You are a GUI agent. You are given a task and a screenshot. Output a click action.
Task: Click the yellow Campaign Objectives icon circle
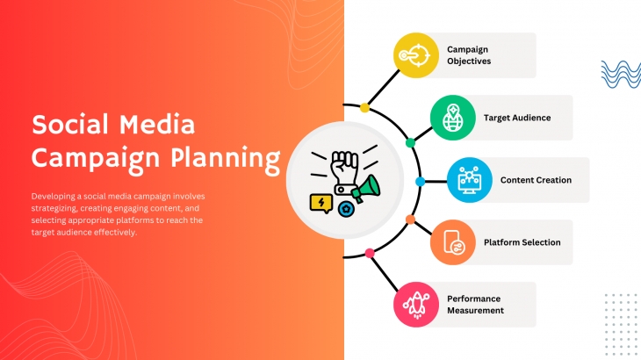416,55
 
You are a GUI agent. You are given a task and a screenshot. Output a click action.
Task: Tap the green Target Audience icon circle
453,118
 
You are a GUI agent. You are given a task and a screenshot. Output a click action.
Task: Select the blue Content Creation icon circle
470,180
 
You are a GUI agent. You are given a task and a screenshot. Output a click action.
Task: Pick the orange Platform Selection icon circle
453,242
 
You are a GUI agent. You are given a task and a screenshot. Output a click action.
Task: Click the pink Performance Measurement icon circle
416,305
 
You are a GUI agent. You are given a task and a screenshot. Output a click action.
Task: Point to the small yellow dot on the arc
364,108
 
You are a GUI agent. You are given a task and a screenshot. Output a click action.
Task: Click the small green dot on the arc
410,142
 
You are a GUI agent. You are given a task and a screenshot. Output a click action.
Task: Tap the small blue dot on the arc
421,182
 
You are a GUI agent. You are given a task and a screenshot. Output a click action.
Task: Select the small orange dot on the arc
410,220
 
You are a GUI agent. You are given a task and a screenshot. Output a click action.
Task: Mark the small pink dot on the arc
370,254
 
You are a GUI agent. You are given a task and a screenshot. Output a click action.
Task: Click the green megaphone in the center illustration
366,189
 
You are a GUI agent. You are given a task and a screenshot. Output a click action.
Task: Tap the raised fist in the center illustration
344,172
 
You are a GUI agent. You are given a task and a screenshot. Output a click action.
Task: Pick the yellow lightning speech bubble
321,204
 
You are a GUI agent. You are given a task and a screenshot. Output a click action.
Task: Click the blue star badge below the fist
346,209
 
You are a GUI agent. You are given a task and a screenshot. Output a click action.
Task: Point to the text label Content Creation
536,180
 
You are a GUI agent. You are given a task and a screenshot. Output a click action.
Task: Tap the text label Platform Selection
522,242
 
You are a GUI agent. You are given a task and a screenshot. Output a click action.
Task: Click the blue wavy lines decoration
621,75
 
